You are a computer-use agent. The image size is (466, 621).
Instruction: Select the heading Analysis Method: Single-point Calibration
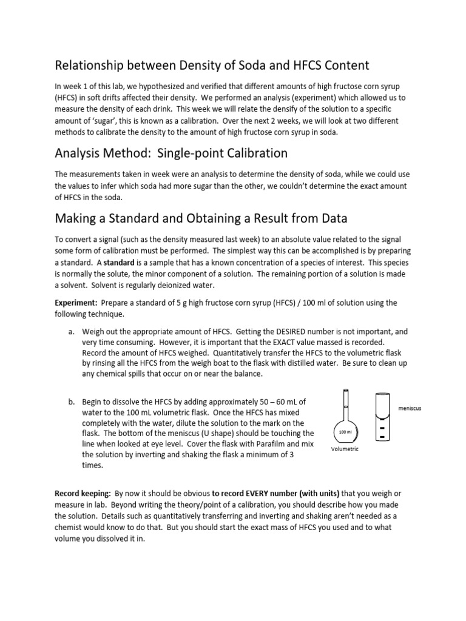[x=171, y=153]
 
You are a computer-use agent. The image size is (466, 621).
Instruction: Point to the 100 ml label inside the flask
[x=345, y=432]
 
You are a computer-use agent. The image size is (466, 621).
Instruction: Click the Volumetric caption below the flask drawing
[x=345, y=449]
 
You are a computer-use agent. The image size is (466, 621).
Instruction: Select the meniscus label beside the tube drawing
[x=410, y=408]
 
